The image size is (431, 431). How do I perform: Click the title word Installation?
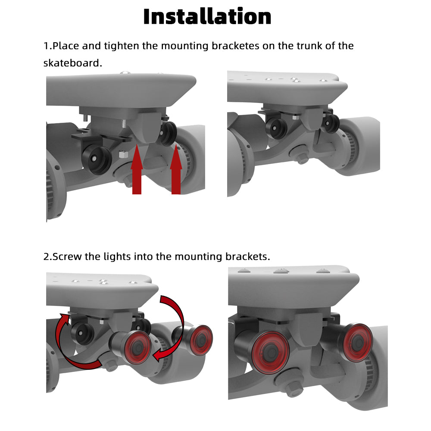(x=207, y=16)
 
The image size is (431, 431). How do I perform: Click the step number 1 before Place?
(x=46, y=45)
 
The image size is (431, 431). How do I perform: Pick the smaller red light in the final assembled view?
(x=357, y=342)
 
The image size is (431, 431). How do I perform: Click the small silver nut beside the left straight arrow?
(x=122, y=154)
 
